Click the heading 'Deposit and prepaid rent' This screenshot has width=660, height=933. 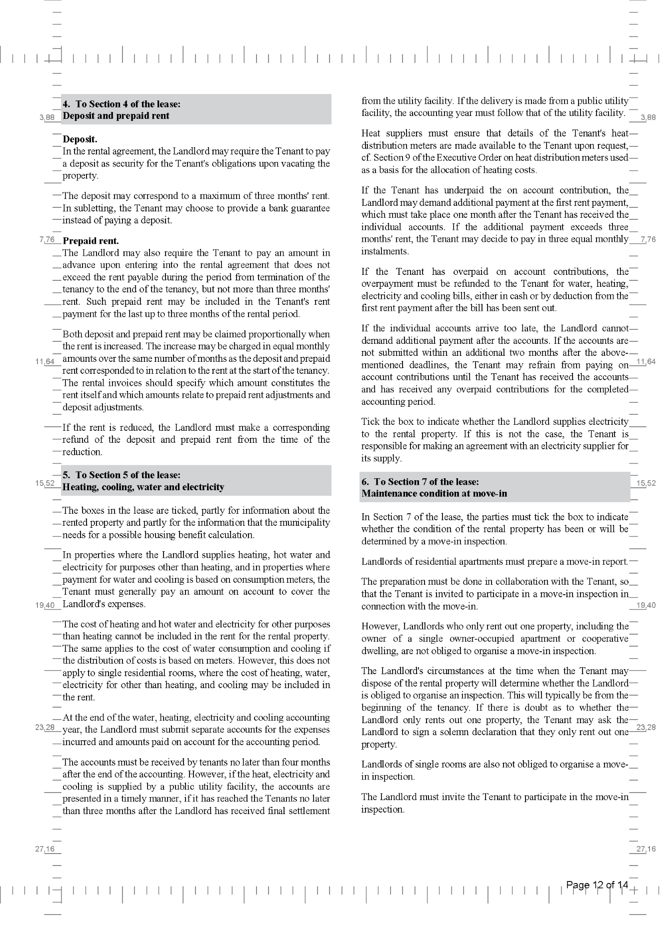[116, 116]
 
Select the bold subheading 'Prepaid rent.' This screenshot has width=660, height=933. [91, 241]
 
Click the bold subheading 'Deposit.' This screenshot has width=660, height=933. [80, 139]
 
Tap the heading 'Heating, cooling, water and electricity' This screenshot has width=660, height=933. [143, 487]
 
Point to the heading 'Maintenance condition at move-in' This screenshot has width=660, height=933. [427, 494]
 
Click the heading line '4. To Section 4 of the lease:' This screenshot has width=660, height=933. [121, 104]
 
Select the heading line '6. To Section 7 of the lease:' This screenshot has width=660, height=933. [420, 482]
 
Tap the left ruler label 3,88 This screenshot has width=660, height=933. [47, 118]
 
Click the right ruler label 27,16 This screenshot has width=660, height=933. [646, 849]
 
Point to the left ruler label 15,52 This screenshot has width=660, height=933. [45, 483]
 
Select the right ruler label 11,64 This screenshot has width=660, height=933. [646, 362]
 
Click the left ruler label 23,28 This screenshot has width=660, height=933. [45, 727]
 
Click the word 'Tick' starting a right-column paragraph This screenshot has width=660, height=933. [370, 422]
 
